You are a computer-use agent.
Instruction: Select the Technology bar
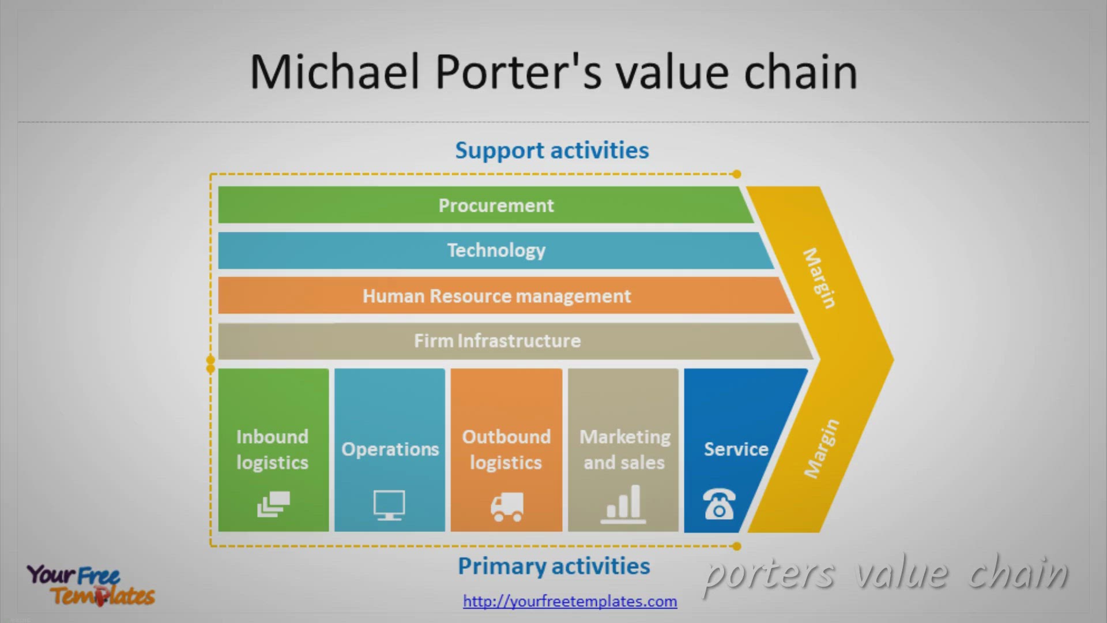click(496, 250)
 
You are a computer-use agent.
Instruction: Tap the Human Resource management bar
click(496, 296)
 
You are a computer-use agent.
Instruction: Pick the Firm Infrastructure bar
click(497, 341)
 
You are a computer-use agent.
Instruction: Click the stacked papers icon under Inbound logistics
click(273, 504)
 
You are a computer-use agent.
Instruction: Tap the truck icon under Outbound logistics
click(507, 507)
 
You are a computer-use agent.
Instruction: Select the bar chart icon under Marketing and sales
click(623, 505)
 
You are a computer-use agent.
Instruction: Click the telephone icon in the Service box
click(719, 504)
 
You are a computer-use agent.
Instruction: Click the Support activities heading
click(552, 151)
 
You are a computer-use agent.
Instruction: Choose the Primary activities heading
click(553, 566)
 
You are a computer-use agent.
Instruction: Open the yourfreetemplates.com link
click(570, 601)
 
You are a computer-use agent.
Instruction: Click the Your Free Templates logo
click(91, 585)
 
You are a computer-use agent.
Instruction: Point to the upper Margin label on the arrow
click(819, 278)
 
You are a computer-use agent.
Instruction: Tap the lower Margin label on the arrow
click(822, 449)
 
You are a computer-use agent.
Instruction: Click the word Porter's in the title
click(518, 72)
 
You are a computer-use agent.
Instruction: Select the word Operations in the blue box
click(390, 449)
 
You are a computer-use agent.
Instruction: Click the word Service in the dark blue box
click(736, 449)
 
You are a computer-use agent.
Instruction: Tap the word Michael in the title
click(334, 72)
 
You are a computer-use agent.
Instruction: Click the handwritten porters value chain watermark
click(885, 574)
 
